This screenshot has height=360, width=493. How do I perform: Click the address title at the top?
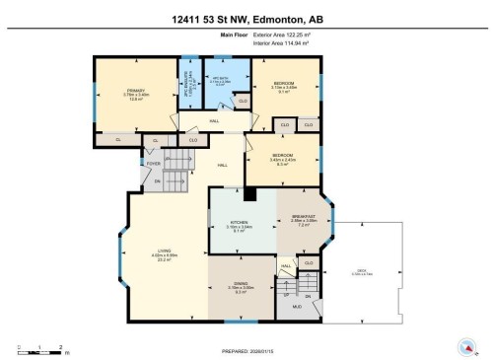coord(246,18)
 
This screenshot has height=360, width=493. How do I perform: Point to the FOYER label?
coord(155,164)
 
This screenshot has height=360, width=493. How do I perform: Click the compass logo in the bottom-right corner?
coord(465,346)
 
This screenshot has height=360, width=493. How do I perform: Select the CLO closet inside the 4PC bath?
coord(243,101)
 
